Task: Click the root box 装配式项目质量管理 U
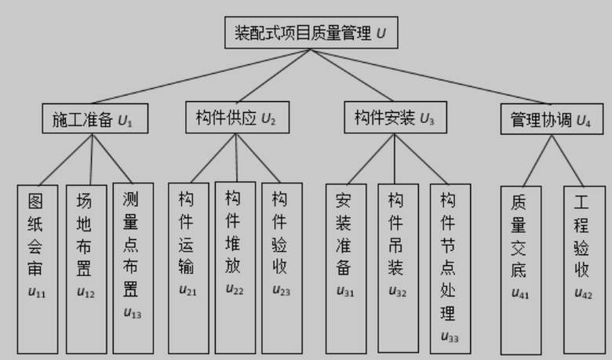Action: click(x=311, y=33)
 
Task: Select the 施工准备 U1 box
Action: click(x=94, y=120)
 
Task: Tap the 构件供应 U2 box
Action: click(x=236, y=118)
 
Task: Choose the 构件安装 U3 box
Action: click(x=395, y=118)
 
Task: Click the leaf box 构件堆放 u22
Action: click(x=235, y=267)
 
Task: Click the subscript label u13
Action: click(x=132, y=314)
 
